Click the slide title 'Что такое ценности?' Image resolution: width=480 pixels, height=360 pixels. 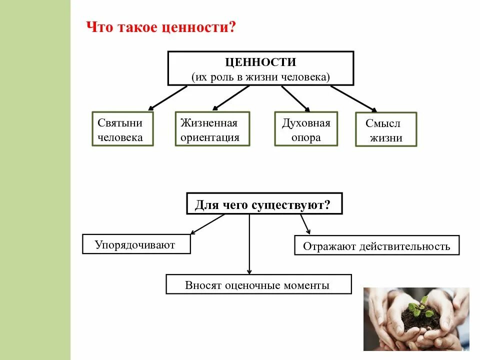(161, 26)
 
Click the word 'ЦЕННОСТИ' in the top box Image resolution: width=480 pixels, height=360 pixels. (260, 62)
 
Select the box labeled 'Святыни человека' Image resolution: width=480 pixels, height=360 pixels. (122, 129)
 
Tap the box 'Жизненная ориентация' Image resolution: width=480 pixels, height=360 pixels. (212, 129)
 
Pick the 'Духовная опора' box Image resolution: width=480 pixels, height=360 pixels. (305, 129)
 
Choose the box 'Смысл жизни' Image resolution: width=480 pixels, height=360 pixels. (385, 130)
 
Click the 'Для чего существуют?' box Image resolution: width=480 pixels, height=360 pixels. (264, 204)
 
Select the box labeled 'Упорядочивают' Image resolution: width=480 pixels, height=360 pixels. (136, 244)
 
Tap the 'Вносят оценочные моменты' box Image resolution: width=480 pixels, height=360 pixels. (258, 285)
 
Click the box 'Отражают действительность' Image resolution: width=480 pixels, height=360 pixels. (376, 245)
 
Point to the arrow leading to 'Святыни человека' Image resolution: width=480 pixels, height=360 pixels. (167, 97)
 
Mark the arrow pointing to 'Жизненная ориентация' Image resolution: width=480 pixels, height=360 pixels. (230, 97)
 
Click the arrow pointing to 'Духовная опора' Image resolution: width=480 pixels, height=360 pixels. (295, 97)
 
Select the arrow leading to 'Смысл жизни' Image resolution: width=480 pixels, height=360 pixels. (353, 98)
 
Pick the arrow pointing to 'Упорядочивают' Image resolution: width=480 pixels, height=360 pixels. (207, 224)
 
